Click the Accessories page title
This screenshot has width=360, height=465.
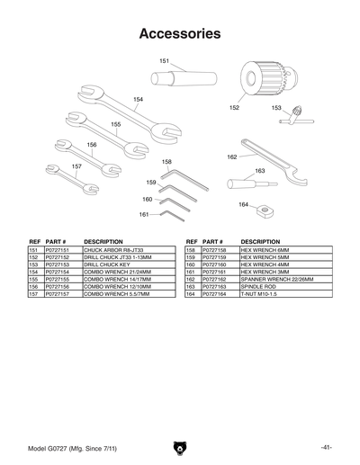coord(180,34)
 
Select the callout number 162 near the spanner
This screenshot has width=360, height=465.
coord(231,156)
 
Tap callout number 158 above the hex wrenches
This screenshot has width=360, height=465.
coord(166,162)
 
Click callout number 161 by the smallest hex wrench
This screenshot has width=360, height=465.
coord(144,214)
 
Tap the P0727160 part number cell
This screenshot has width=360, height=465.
coord(219,264)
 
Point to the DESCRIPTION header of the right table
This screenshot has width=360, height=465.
coord(261,242)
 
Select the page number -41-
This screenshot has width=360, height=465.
coord(325,447)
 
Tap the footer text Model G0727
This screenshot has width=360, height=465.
coord(53,447)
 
